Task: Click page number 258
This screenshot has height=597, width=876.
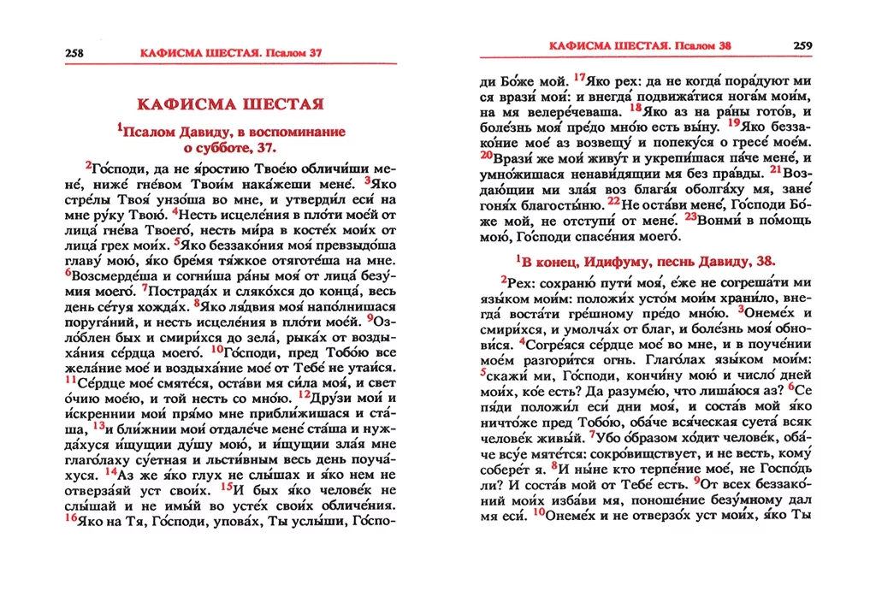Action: pyautogui.click(x=74, y=53)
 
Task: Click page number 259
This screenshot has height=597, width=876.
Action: pyautogui.click(x=802, y=45)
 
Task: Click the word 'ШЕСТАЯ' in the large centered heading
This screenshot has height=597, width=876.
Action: pyautogui.click(x=274, y=104)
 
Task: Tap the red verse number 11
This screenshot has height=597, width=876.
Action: pyautogui.click(x=70, y=379)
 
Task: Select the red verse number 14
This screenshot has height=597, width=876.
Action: pyautogui.click(x=111, y=470)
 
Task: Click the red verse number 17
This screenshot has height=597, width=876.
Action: pyautogui.click(x=579, y=78)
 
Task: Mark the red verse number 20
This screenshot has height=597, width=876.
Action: pyautogui.click(x=485, y=156)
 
